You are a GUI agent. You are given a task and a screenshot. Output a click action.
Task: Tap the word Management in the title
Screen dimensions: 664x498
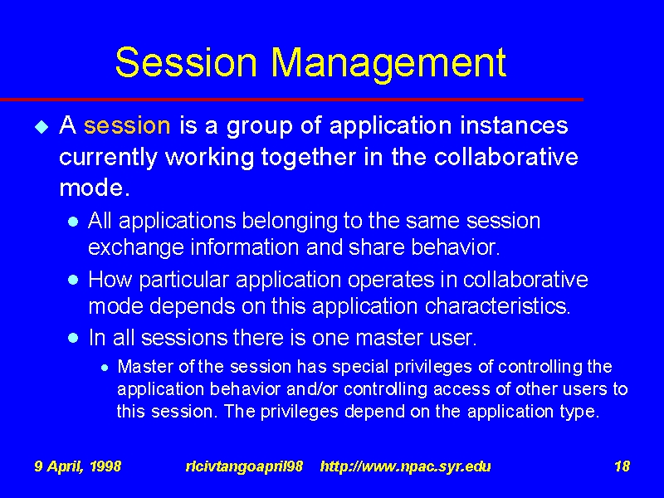[388, 66]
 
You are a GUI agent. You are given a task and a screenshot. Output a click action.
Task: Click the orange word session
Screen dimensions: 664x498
[127, 126]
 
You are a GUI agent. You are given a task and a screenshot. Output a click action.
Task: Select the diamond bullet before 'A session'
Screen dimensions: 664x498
[42, 127]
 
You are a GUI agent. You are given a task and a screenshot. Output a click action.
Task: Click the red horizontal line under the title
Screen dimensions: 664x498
[292, 100]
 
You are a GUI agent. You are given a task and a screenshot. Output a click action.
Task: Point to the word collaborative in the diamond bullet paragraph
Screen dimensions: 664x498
[505, 157]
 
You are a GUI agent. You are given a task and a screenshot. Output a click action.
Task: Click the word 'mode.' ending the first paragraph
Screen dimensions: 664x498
[95, 188]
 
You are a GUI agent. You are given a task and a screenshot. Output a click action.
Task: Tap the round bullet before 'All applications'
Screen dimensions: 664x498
[73, 222]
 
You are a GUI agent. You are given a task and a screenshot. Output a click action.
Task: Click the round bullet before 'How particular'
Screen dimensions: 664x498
[73, 280]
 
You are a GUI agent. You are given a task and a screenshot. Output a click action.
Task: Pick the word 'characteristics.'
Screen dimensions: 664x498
[497, 305]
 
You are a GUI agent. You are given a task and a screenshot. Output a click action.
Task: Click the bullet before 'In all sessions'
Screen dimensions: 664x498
[73, 338]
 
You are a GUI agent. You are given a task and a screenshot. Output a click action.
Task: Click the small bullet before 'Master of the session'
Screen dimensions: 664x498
[105, 368]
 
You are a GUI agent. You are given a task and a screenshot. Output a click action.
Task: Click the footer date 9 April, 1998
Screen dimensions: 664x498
[78, 466]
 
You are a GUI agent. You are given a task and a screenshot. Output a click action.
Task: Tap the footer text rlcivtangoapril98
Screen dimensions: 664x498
[244, 466]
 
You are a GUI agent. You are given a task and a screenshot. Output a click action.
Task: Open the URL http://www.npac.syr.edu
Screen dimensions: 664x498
[406, 466]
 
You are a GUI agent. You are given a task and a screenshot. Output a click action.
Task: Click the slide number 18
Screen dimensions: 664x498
[622, 466]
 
